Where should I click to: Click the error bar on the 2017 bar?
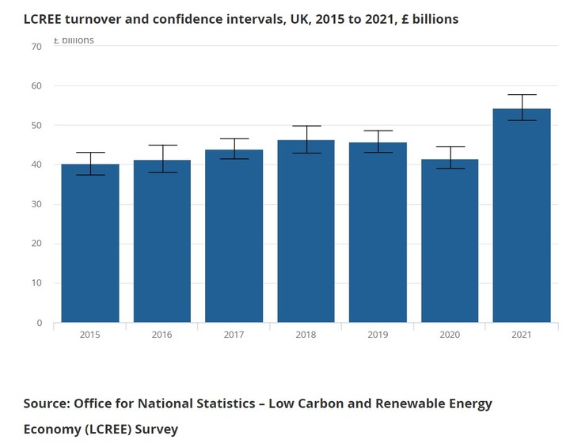234,149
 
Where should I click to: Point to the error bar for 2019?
378,142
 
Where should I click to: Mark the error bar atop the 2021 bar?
521,108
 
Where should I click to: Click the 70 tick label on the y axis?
36,47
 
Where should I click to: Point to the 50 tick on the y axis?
36,126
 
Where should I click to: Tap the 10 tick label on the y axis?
36,283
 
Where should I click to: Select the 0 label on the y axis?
39,323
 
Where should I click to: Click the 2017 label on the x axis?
234,335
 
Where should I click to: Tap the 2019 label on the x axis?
378,335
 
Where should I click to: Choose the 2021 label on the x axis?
521,335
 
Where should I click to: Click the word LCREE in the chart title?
44,19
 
